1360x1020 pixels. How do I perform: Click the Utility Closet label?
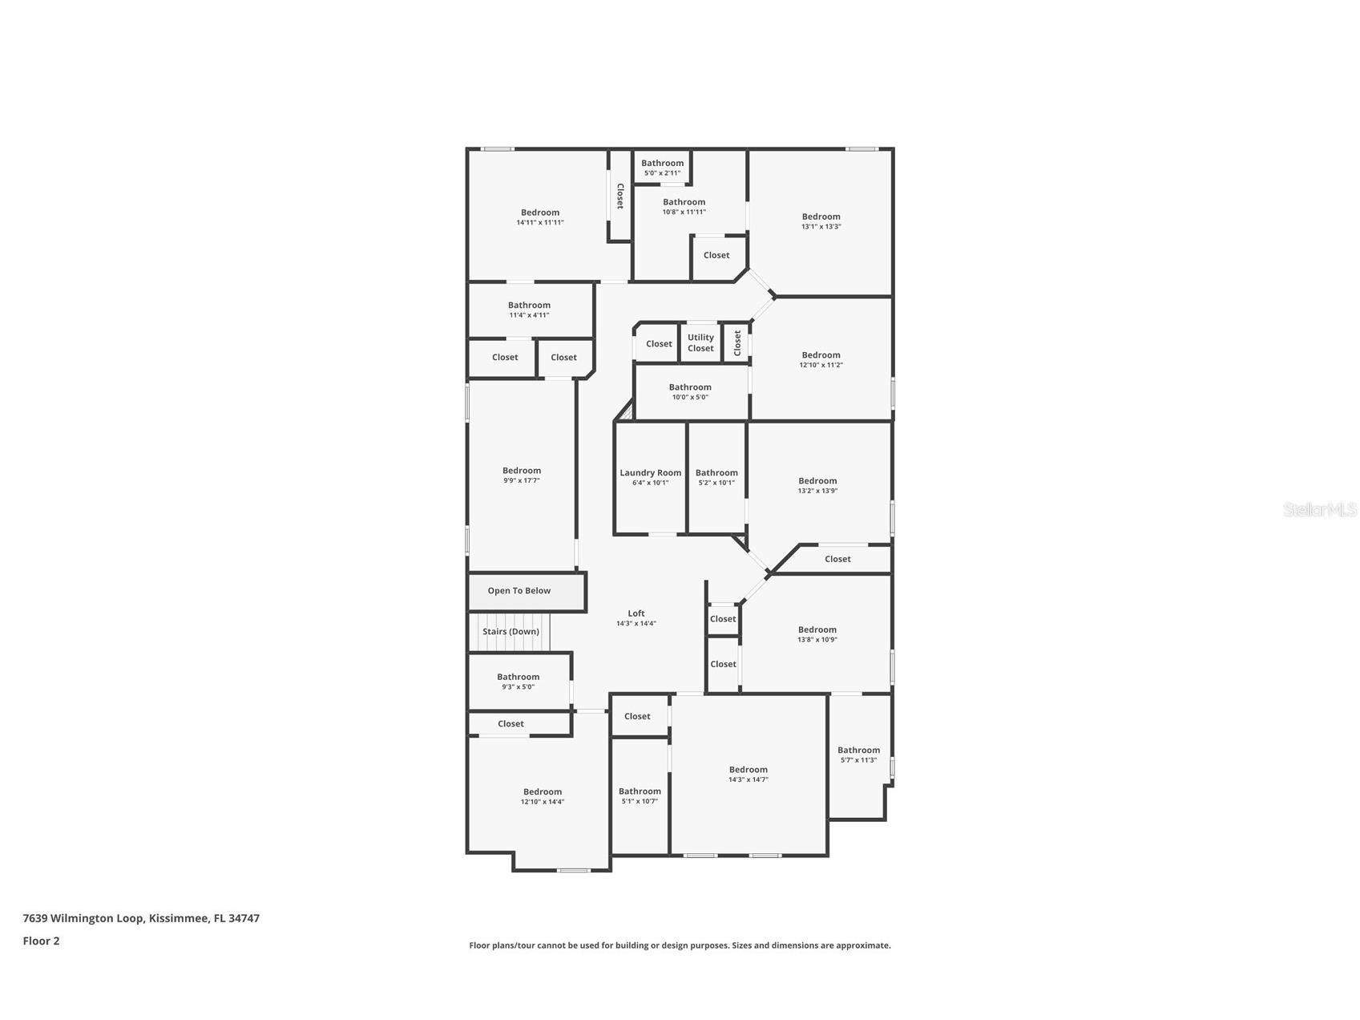(x=700, y=342)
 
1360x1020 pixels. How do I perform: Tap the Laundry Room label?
(x=650, y=473)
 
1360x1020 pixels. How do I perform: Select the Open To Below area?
(x=519, y=591)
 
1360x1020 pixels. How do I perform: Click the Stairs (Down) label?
(x=511, y=632)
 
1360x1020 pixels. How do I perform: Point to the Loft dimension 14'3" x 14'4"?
(x=636, y=623)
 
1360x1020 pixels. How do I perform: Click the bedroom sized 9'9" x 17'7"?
(x=521, y=476)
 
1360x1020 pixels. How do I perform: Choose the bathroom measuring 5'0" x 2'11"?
(x=662, y=168)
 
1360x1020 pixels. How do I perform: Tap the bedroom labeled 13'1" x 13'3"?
(x=821, y=221)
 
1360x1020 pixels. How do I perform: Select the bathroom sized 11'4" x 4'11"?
(x=529, y=310)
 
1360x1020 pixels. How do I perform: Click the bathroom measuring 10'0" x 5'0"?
(x=690, y=391)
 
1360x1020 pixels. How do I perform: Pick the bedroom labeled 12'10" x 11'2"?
(x=821, y=359)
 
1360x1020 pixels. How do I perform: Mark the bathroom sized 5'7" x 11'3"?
(x=858, y=755)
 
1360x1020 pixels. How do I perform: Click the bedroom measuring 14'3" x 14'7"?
(x=748, y=774)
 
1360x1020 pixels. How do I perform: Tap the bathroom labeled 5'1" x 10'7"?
(x=640, y=795)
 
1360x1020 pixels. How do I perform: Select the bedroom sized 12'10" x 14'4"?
(x=543, y=796)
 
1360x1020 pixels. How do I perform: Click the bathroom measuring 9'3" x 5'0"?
(x=518, y=681)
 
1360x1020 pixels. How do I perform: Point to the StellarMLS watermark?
(x=1319, y=509)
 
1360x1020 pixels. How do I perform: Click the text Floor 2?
(x=41, y=941)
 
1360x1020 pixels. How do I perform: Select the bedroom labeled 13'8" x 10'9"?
(x=817, y=634)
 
